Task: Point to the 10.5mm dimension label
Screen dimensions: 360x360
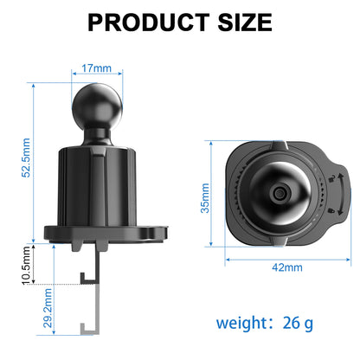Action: [27, 267]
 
